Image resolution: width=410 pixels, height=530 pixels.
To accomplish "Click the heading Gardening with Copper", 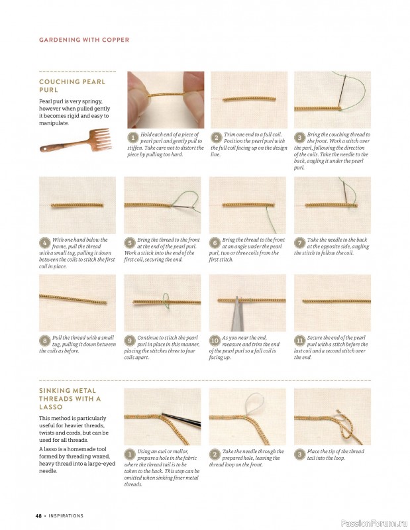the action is coord(84,40).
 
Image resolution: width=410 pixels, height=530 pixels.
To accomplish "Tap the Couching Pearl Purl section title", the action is coord(72,86).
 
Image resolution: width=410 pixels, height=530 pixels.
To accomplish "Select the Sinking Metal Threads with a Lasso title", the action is coord(70,399).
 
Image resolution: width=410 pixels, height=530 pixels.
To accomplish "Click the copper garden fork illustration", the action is coord(76,140).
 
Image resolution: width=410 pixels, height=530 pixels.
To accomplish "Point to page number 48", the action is coord(38,516).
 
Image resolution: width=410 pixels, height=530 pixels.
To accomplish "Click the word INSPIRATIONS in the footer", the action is coord(66,516).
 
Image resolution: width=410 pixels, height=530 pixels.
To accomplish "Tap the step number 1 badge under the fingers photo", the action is coord(133,138).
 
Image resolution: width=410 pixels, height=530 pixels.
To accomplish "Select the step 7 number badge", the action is coord(299,243).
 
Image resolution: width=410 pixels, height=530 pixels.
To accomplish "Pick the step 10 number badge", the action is coord(215,341).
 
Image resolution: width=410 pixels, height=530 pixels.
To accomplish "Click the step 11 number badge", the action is coord(299,341).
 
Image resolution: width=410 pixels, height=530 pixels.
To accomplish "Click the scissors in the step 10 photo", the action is coord(236,314).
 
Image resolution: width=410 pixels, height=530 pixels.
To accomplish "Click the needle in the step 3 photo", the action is coord(342,91).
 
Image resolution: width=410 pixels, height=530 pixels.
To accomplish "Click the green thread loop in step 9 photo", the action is coord(166,301).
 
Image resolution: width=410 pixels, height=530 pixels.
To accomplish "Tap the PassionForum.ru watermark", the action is coord(374,523).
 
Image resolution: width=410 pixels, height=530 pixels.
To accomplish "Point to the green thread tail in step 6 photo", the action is coord(271,220).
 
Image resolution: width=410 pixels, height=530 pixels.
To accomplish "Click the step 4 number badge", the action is coord(44,243).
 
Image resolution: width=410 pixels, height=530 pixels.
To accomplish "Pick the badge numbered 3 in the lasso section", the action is coord(299,454).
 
